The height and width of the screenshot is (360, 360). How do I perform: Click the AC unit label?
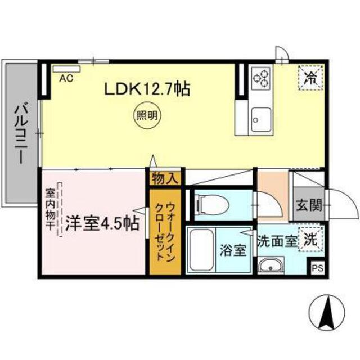pyautogui.click(x=66, y=78)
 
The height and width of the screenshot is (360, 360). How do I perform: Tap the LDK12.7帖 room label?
pyautogui.click(x=147, y=89)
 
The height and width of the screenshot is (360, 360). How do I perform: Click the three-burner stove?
pyautogui.click(x=262, y=78)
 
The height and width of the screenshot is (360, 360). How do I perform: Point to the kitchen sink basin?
pyautogui.click(x=261, y=119)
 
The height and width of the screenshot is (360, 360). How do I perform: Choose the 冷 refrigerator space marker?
pyautogui.click(x=310, y=78)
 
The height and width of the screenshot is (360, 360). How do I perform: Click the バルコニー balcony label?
pyautogui.click(x=21, y=134)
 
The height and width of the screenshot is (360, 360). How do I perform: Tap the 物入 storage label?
pyautogui.click(x=165, y=178)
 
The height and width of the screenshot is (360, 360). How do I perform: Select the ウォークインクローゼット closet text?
pyautogui.click(x=165, y=231)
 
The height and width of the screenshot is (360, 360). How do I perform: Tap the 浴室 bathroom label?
pyautogui.click(x=233, y=250)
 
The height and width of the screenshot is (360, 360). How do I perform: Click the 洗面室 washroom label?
pyautogui.click(x=277, y=241)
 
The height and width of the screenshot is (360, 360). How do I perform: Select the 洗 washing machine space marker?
pyautogui.click(x=311, y=240)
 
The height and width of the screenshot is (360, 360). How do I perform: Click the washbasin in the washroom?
pyautogui.click(x=271, y=265)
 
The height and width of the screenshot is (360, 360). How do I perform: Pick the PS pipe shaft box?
pyautogui.click(x=318, y=268)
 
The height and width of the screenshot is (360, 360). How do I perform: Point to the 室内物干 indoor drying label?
pyautogui.click(x=50, y=209)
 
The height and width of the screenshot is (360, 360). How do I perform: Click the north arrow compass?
pyautogui.click(x=327, y=312)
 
